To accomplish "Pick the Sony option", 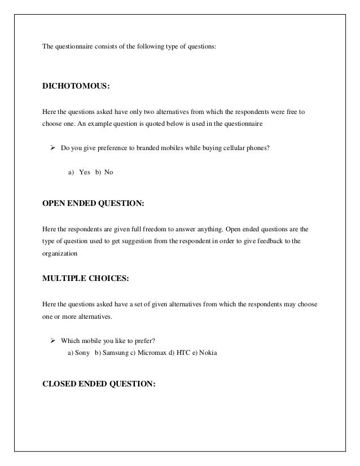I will [82, 353].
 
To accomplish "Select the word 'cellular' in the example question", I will [232, 149].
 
